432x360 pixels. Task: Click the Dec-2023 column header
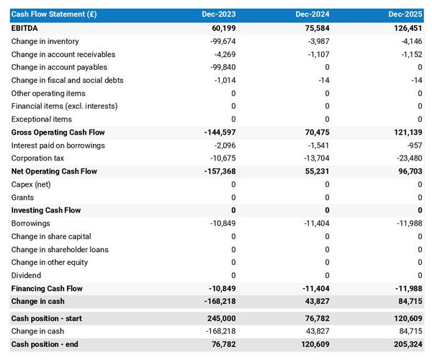(x=219, y=14)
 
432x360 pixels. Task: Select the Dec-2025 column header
(x=405, y=14)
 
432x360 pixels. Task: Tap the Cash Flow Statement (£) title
(x=49, y=14)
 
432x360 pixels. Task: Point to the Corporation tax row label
(x=37, y=158)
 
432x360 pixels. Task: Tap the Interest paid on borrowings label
(x=58, y=145)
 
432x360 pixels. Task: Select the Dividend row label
(x=27, y=276)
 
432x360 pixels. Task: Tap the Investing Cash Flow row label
(x=46, y=210)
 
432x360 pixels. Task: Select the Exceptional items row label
(x=42, y=120)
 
